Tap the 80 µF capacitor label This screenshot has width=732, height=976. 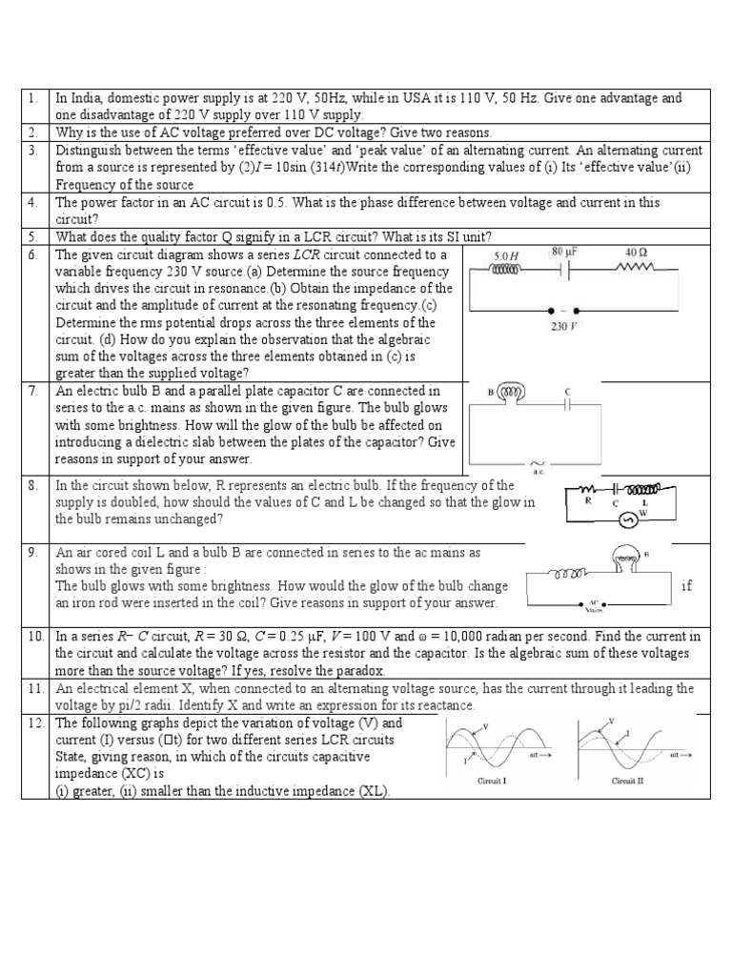566,253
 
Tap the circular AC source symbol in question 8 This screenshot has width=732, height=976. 627,520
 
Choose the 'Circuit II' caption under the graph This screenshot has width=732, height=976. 628,780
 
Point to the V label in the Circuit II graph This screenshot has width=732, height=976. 611,722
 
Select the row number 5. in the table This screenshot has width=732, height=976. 32,236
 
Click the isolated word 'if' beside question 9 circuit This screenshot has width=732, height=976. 687,586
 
